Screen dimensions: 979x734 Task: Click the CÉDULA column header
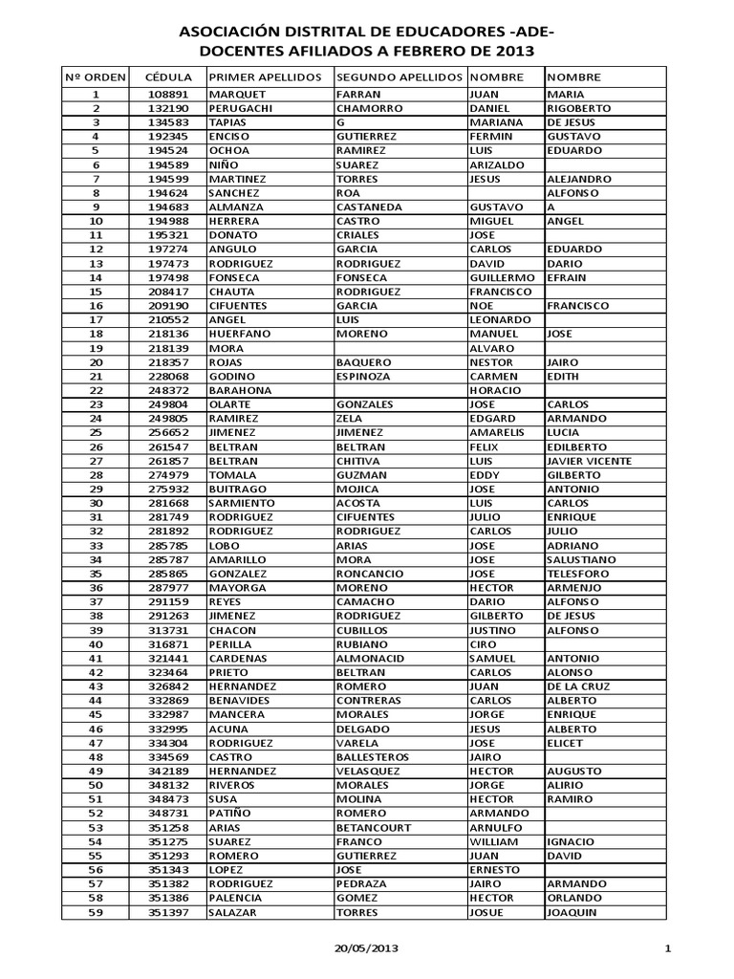167,76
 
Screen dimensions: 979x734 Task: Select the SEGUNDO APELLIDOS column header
399,76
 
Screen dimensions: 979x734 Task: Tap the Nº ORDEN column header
95,76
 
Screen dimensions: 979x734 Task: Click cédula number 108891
167,95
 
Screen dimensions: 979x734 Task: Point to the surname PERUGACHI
242,109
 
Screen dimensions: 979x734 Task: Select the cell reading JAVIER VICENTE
589,461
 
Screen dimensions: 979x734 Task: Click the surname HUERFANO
240,334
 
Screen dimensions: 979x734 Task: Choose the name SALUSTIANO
582,559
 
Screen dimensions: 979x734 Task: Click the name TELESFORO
579,574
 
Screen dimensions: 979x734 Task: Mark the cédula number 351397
167,912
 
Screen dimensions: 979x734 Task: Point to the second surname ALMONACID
372,658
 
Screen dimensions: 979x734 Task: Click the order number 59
96,912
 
